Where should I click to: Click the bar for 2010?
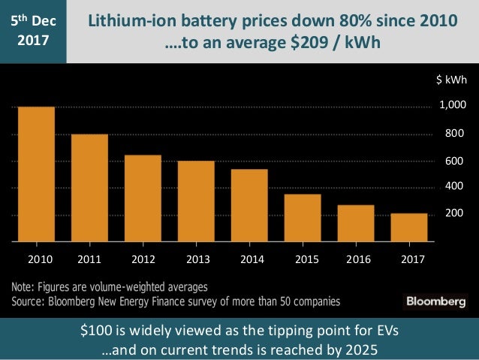pos(36,174)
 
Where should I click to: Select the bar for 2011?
pos(89,188)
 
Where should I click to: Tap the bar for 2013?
pos(196,201)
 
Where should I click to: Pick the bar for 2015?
pos(303,218)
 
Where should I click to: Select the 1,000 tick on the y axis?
pos(453,107)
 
